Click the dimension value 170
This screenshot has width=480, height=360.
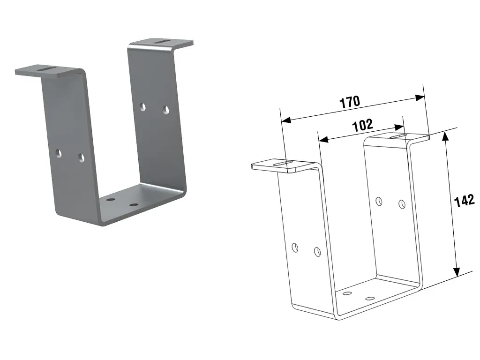click(350, 102)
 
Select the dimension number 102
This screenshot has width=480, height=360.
click(362, 125)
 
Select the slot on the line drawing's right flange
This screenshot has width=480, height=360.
click(399, 136)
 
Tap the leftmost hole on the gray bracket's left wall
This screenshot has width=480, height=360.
click(58, 153)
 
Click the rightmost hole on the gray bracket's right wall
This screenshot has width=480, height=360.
click(165, 110)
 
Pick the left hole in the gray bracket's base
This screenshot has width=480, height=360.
click(111, 200)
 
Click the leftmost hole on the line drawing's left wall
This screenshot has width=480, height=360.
click(295, 247)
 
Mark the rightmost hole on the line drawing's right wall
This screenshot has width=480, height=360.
click(402, 204)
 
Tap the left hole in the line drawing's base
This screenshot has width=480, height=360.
click(347, 293)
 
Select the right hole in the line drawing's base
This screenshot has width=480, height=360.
click(370, 299)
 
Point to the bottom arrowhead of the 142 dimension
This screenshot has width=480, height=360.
click(456, 272)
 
